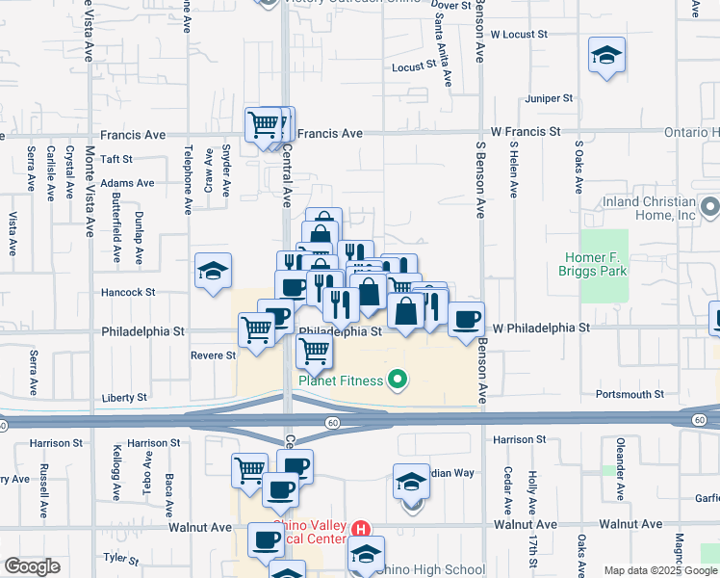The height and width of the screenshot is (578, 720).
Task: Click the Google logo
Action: point(32,566)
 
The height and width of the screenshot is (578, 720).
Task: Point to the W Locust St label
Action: point(518,34)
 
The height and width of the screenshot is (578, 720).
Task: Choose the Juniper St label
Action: point(549,98)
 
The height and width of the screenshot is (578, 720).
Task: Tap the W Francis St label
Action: point(526,131)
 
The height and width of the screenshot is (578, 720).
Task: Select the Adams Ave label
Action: point(127,183)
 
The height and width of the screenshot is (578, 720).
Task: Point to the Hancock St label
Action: point(128,292)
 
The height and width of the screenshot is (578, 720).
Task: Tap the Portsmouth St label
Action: point(630,394)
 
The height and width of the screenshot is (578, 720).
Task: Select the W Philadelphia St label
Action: point(540,328)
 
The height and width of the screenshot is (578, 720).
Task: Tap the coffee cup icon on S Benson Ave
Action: point(466,319)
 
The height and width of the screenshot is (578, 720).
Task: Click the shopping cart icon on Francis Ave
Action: point(264,123)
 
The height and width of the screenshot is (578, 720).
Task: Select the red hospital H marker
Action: point(361,528)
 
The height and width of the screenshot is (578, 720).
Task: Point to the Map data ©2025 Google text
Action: point(659,570)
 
